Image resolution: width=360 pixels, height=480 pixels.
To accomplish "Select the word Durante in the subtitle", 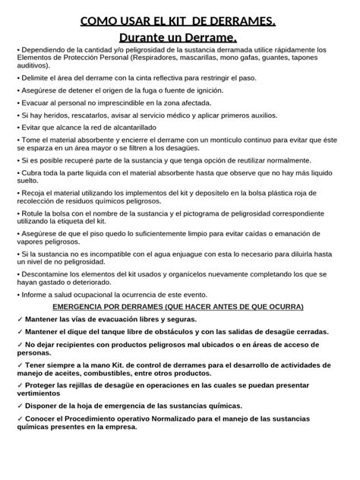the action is coord(152,37).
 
